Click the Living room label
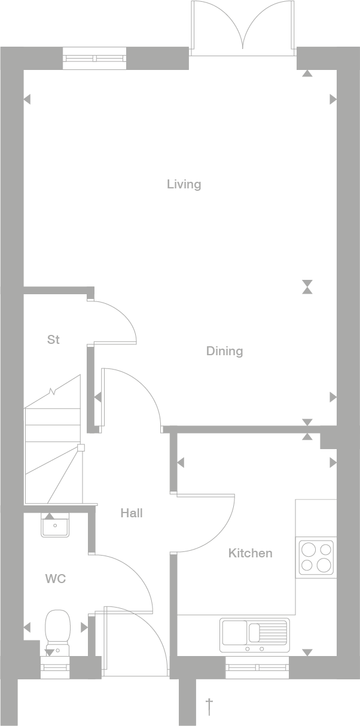click(184, 184)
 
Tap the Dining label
click(224, 351)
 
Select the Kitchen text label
click(250, 553)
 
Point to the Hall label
click(132, 513)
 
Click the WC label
click(55, 579)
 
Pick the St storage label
click(53, 340)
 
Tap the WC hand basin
click(56, 527)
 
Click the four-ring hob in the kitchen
click(316, 557)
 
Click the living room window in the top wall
click(95, 58)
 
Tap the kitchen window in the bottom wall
click(257, 667)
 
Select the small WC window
click(55, 667)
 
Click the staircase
click(53, 443)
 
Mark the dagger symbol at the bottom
click(209, 706)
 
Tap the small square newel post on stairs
click(81, 447)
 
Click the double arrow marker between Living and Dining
click(307, 286)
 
